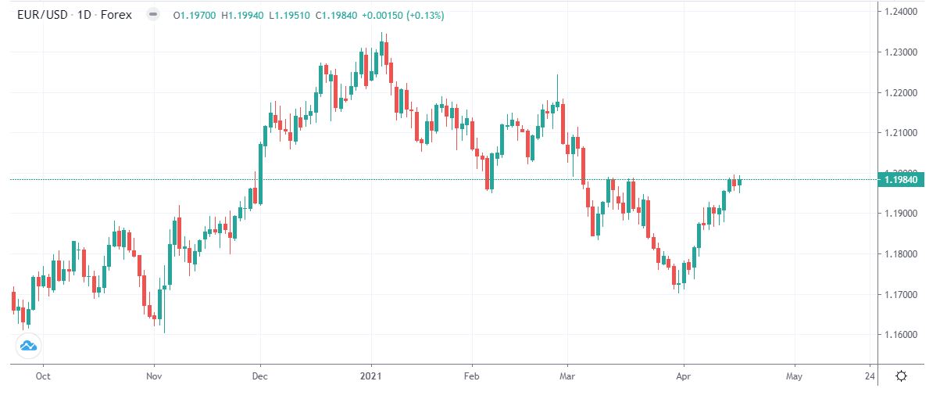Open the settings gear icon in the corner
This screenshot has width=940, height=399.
[901, 376]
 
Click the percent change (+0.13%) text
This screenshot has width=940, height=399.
[422, 14]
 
